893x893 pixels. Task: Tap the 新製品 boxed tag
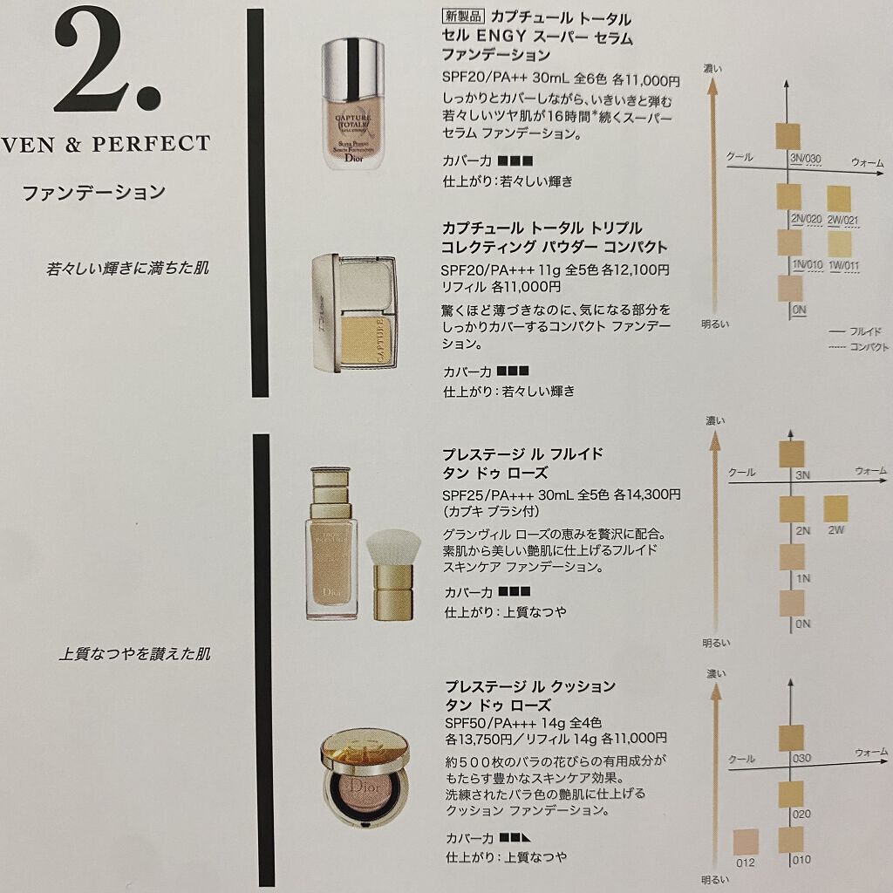pos(463,17)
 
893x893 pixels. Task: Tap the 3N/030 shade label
pos(805,159)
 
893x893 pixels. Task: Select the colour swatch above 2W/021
pos(838,199)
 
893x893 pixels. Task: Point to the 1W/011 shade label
pos(843,265)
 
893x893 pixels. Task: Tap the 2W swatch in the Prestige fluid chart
pos(835,508)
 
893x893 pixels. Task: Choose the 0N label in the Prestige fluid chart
pos(803,624)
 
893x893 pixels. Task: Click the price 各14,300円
pos(646,494)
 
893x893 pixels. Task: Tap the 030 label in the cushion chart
pos(801,759)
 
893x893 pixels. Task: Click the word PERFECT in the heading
pos(151,144)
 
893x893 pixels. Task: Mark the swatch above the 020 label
pos(790,794)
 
